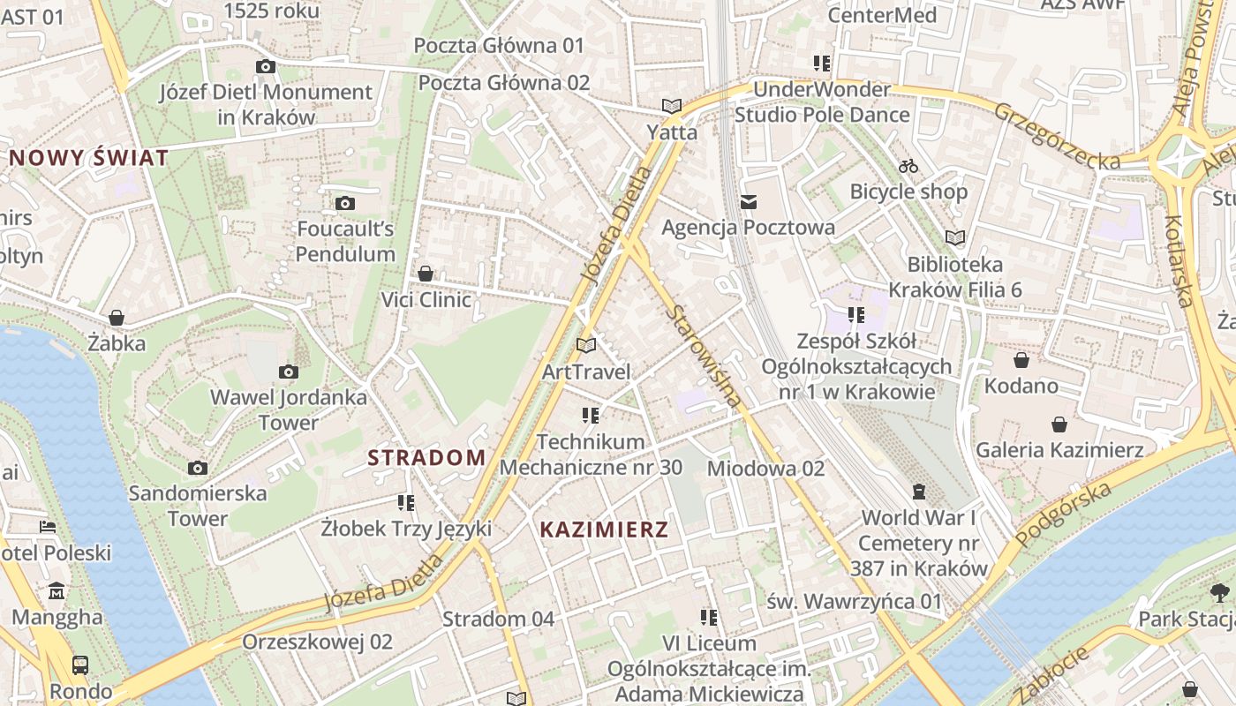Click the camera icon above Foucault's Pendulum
point(345,203)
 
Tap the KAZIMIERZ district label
point(604,529)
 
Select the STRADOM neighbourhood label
point(426,457)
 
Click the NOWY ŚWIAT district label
point(88,159)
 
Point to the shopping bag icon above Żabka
point(117,318)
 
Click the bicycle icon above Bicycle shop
point(908,166)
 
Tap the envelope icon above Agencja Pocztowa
point(749,202)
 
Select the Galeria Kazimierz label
point(1059,450)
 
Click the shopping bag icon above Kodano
point(1021,360)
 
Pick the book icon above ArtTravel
point(586,345)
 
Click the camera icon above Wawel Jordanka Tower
point(288,372)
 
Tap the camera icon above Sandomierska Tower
point(198,468)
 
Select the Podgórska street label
point(1063,514)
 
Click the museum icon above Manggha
point(57,590)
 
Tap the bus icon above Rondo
point(80,665)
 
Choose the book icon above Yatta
point(672,106)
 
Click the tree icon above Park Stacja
point(1219,592)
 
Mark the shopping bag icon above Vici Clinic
point(426,274)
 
